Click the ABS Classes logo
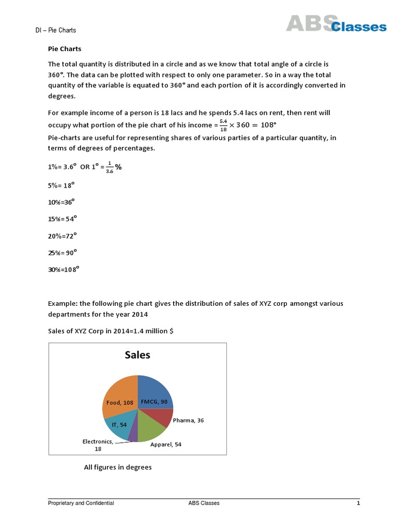pos(336,24)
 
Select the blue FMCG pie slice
pos(155,393)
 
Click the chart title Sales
pos(138,355)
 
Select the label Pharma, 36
pos(188,421)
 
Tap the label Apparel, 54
pos(165,444)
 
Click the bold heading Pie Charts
pos(65,49)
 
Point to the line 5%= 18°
pos(62,184)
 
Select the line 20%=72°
pos(62,236)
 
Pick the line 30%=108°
pos(64,270)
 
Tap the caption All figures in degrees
pos(118,468)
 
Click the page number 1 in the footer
pos(358,503)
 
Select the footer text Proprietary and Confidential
pos(81,503)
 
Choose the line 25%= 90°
pos(62,253)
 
